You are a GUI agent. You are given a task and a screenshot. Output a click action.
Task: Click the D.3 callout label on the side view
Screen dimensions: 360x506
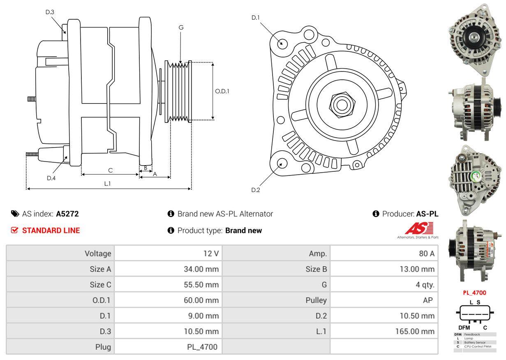pos(50,12)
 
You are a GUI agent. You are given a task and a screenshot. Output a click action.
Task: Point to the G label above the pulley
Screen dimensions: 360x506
pos(181,28)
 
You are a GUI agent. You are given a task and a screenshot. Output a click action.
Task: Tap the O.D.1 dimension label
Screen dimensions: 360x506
pos(222,91)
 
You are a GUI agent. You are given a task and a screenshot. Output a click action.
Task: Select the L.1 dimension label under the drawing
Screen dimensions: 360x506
pos(107,184)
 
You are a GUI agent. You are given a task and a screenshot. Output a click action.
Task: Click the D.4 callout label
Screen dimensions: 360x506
pos(51,178)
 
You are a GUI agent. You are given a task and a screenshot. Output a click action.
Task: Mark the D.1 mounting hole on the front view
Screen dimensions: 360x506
pos(282,43)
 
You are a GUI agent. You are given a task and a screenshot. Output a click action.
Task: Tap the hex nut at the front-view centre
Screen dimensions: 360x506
pos(340,104)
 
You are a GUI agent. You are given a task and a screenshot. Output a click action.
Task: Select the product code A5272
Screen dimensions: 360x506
pos(67,214)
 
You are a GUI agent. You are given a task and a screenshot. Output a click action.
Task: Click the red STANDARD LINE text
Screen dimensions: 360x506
pos(51,231)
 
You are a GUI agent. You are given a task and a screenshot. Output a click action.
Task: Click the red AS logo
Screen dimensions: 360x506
pos(418,228)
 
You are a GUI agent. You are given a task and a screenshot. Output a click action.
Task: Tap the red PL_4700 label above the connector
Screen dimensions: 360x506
pos(474,293)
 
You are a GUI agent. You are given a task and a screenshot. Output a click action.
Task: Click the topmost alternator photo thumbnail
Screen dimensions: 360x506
pos(475,39)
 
